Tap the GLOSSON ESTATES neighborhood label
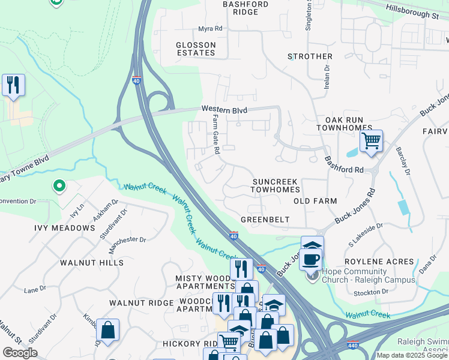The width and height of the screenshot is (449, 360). click(x=196, y=49)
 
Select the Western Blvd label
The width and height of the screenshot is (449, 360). click(x=224, y=109)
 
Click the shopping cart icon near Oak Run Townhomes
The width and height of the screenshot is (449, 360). click(x=372, y=141)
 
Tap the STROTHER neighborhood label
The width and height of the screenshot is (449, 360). click(x=310, y=56)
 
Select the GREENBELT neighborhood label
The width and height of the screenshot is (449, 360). click(x=265, y=220)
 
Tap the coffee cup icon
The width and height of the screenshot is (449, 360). click(x=310, y=260)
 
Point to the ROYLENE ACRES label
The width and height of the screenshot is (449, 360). click(x=379, y=262)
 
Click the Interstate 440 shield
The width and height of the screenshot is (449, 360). click(x=353, y=344)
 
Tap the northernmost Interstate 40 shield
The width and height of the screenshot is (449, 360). click(x=137, y=80)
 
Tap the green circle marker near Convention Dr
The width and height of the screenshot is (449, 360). click(x=58, y=186)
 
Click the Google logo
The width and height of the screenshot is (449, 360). click(x=20, y=352)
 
